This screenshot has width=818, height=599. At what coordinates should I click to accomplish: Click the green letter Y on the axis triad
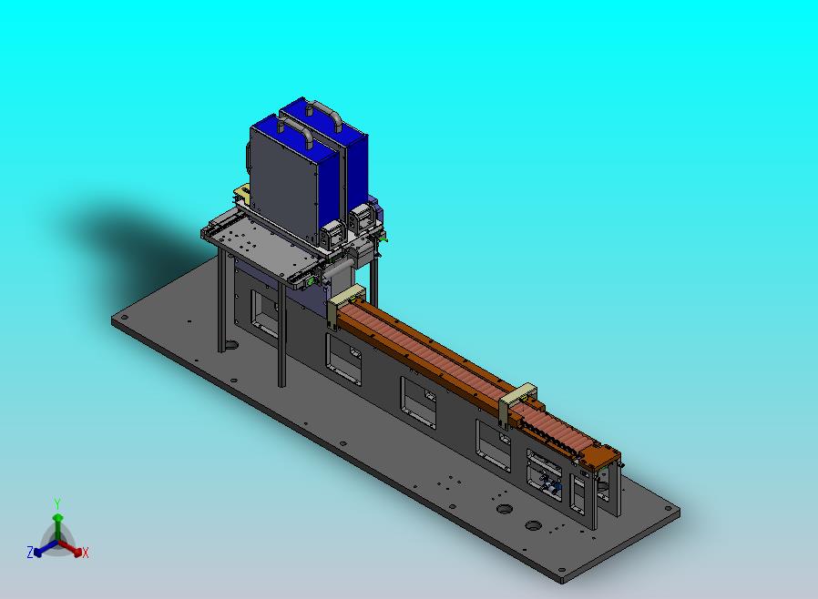[x=57, y=504]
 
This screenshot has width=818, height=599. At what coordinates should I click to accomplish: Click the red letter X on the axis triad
[x=86, y=553]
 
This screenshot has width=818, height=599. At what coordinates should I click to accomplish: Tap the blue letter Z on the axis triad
[x=30, y=552]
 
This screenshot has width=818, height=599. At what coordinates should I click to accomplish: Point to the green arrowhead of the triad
[x=58, y=518]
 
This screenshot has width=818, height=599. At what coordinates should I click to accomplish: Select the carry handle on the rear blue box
[x=324, y=112]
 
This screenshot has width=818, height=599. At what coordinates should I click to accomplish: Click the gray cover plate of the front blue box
[x=283, y=182]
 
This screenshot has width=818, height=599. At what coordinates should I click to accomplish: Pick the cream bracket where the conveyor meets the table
[x=343, y=302]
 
